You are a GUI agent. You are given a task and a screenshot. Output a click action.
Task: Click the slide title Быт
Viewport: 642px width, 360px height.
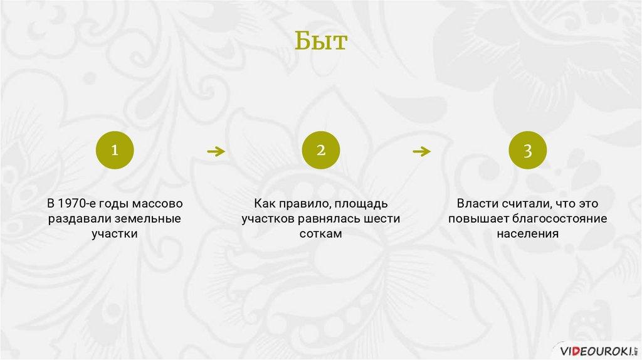click(321, 41)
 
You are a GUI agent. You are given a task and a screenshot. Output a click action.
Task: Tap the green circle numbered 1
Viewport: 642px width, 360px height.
click(115, 151)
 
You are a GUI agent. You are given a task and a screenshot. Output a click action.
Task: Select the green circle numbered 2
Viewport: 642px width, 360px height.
click(321, 151)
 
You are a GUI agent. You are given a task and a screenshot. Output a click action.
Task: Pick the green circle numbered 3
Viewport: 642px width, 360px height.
click(528, 151)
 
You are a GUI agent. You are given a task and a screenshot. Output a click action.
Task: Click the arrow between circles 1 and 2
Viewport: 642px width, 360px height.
click(216, 152)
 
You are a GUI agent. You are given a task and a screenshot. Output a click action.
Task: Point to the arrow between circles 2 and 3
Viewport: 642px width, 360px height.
click(422, 152)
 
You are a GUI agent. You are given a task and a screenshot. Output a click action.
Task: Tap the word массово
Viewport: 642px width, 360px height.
click(157, 204)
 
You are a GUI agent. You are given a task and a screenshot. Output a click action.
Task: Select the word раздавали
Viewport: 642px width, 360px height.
click(80, 219)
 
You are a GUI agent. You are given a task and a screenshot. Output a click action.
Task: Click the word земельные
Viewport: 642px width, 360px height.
click(148, 219)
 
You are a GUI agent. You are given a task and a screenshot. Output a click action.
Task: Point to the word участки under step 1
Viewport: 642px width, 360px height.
click(115, 235)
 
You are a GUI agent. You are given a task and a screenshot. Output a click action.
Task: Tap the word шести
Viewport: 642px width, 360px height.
click(382, 219)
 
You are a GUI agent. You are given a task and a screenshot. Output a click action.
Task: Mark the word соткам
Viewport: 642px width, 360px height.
click(320, 234)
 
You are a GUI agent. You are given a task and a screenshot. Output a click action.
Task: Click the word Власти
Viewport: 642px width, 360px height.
click(477, 204)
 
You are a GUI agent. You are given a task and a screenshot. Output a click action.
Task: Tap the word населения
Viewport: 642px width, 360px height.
click(528, 234)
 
